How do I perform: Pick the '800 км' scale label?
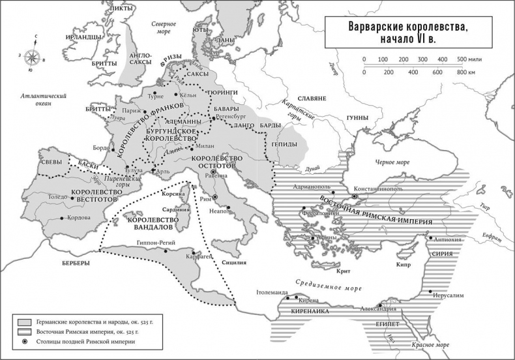(x=465, y=72)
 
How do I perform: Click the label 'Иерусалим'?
(x=448, y=295)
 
